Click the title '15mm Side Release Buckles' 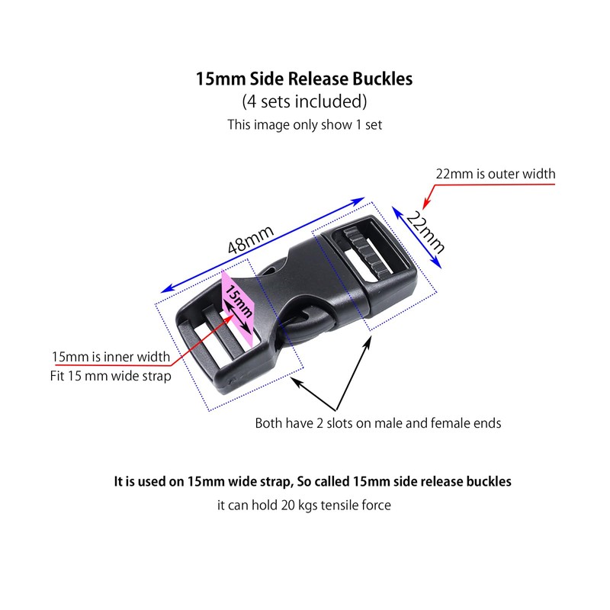(x=303, y=79)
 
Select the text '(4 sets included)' (x=304, y=101)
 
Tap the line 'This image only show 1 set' (x=304, y=125)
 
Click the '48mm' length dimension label (x=251, y=239)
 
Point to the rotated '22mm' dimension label (x=425, y=233)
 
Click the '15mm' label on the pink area (x=239, y=301)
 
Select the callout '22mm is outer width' (x=495, y=174)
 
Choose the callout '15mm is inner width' (x=111, y=357)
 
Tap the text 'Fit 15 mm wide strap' (x=111, y=376)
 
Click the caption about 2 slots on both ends (x=377, y=423)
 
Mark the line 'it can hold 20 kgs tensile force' (x=303, y=505)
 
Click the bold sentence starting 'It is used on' (x=313, y=482)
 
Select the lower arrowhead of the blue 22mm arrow (x=437, y=263)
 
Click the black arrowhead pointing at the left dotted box (x=297, y=382)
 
